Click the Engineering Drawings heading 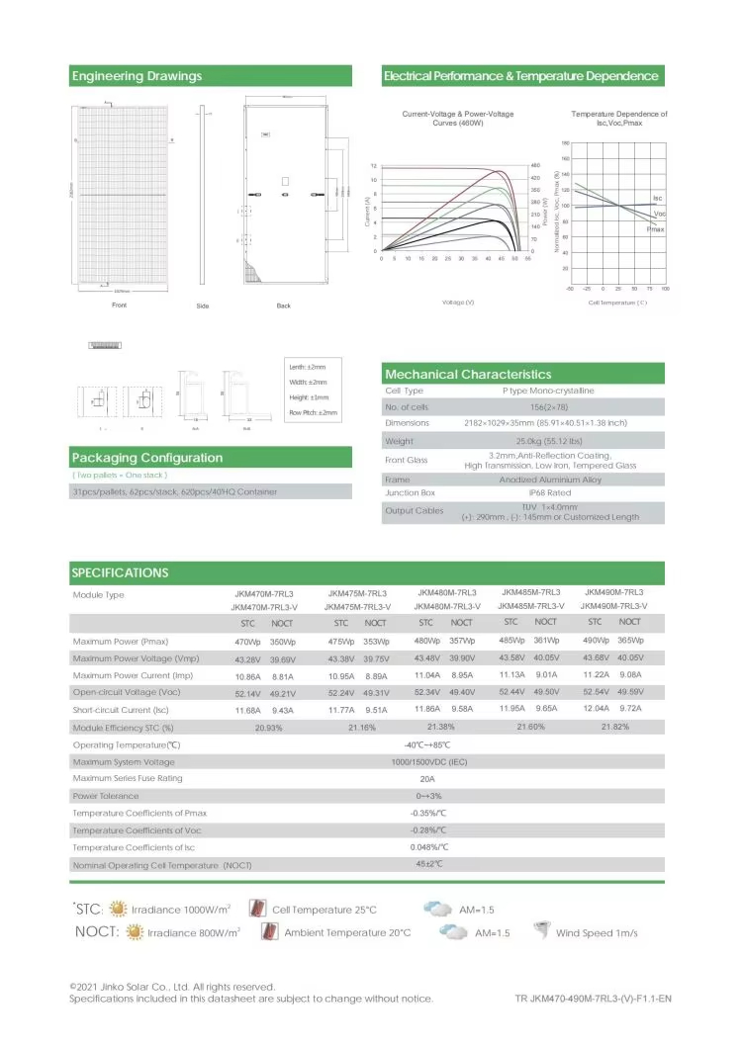pyautogui.click(x=137, y=76)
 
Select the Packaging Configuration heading pyautogui.click(x=147, y=458)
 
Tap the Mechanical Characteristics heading pyautogui.click(x=468, y=375)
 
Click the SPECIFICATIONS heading pyautogui.click(x=120, y=572)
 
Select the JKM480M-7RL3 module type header pyautogui.click(x=446, y=592)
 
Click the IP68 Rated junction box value pyautogui.click(x=521, y=492)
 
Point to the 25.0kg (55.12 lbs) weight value pyautogui.click(x=521, y=441)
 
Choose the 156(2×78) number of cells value pyautogui.click(x=521, y=407)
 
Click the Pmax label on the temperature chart pyautogui.click(x=655, y=228)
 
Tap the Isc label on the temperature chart pyautogui.click(x=658, y=199)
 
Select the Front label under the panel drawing pyautogui.click(x=119, y=306)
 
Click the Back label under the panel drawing pyautogui.click(x=284, y=306)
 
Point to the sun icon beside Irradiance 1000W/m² pyautogui.click(x=118, y=908)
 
